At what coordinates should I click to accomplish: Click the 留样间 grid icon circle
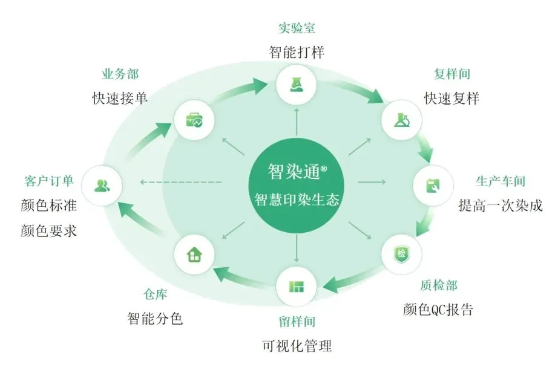[x=297, y=285]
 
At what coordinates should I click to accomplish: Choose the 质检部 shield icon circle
[x=401, y=253]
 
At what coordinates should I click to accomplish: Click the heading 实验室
[x=297, y=28]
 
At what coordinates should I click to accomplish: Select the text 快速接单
[x=120, y=99]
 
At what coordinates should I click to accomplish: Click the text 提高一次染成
[x=501, y=206]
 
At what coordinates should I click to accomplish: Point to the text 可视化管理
[x=297, y=346]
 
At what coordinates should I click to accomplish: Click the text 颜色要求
[x=48, y=230]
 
